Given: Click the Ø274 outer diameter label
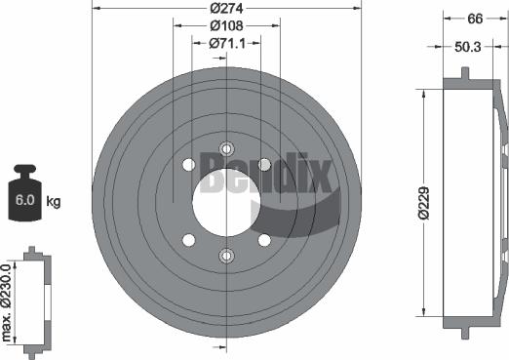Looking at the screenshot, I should (227, 9).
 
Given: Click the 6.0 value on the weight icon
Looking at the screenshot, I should (23, 202).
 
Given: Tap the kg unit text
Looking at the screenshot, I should (54, 201).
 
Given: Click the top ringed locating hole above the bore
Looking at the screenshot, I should (226, 148).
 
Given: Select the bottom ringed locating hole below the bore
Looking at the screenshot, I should (226, 256).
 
